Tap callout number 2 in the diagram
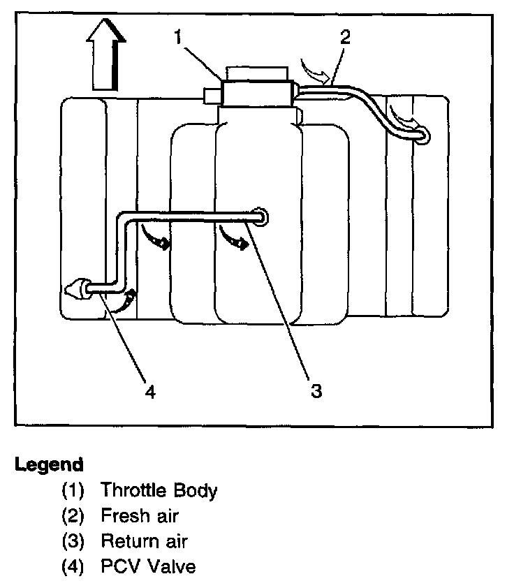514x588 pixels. pyautogui.click(x=344, y=37)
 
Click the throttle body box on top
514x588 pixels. pyautogui.click(x=256, y=93)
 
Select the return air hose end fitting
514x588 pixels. pyautogui.click(x=260, y=217)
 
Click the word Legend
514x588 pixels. pyautogui.click(x=49, y=464)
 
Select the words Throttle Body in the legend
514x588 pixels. pyautogui.click(x=159, y=490)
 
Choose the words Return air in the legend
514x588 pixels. pyautogui.click(x=145, y=541)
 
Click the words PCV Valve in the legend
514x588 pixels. pyautogui.click(x=148, y=566)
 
